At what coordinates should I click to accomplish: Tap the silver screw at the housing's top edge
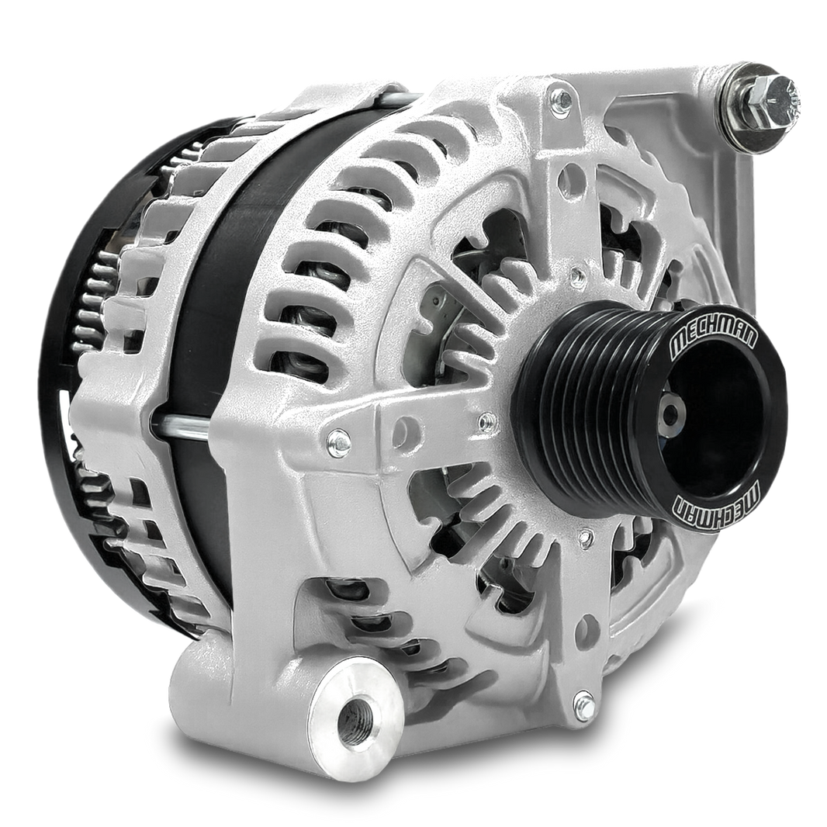click(559, 99)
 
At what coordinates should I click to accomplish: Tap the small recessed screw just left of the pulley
click(486, 422)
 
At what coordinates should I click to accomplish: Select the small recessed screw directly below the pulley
click(586, 537)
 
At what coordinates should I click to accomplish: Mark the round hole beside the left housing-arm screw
click(403, 431)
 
